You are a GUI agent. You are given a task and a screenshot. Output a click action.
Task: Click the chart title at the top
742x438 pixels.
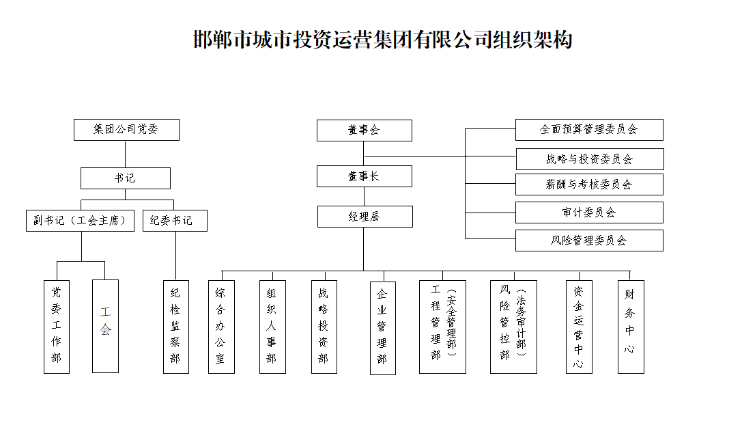coord(382,40)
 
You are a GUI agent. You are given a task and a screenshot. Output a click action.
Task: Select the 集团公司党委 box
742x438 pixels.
coord(126,130)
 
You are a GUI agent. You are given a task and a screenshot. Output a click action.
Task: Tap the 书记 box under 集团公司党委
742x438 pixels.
coord(125,178)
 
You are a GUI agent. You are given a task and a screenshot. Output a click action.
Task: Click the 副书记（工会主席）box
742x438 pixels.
coord(81,221)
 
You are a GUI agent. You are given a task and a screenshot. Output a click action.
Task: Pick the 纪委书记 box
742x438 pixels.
coord(175,221)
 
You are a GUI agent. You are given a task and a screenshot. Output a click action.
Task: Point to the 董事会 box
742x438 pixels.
coord(364,131)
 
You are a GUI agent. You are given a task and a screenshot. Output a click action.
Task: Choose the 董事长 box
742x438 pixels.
coord(364,176)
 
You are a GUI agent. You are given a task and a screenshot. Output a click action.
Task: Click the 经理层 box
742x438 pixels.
coord(365,217)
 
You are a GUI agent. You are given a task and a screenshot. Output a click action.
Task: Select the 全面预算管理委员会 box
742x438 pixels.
coord(589,129)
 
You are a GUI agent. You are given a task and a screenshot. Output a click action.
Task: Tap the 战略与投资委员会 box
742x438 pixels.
coord(589,159)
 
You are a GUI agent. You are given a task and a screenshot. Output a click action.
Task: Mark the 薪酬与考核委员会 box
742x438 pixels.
coord(589,184)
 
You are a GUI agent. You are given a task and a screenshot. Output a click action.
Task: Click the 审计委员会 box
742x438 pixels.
coord(589,213)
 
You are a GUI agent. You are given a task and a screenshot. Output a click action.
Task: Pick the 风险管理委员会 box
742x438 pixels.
coord(589,241)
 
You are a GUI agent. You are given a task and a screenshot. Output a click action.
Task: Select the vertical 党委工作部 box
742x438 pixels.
coord(57,327)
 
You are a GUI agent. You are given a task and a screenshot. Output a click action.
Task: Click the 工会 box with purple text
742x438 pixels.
coord(105,326)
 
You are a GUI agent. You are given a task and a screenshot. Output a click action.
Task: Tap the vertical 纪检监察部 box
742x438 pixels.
coord(175,327)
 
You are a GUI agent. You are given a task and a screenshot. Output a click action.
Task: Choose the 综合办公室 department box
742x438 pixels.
coord(221,327)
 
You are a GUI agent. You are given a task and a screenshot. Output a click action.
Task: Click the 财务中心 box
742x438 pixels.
coord(631,327)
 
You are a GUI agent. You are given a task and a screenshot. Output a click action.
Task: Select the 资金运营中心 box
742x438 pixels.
coord(579,327)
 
